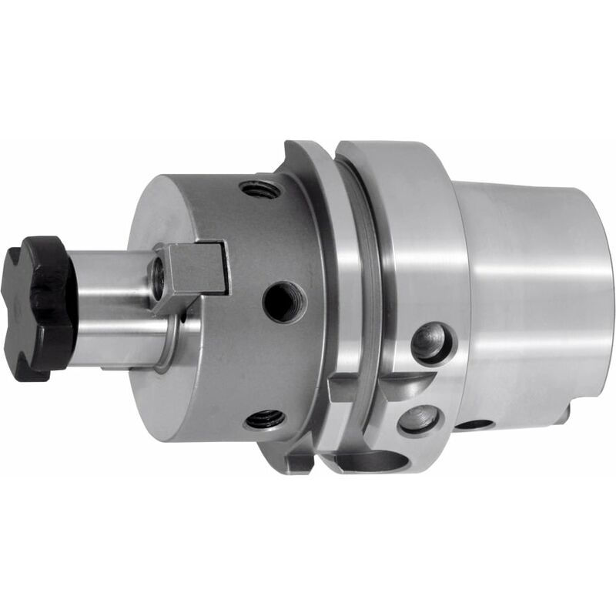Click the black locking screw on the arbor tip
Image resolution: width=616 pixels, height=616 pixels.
tap(38, 308)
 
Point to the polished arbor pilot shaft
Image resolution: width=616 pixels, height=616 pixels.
tap(115, 308)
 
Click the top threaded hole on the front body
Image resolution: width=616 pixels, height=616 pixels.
tap(259, 189)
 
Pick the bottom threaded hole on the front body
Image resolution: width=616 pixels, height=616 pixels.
tap(265, 420)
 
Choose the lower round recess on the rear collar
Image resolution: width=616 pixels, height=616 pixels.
tap(420, 420)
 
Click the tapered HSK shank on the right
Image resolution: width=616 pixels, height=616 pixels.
tap(531, 293)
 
